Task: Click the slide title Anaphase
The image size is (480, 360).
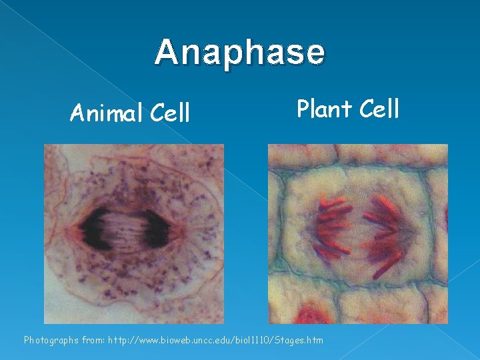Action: [x=240, y=52]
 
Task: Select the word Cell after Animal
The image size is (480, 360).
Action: [x=170, y=114]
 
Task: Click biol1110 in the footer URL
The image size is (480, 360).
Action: [x=251, y=340]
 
